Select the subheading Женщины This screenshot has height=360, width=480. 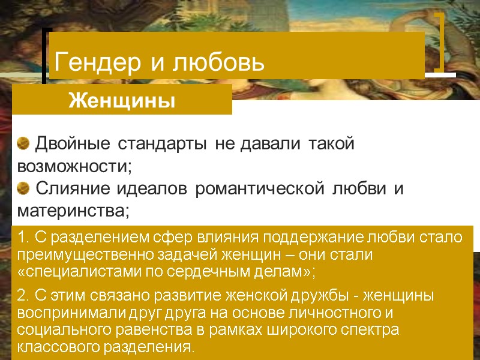pos(122,100)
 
